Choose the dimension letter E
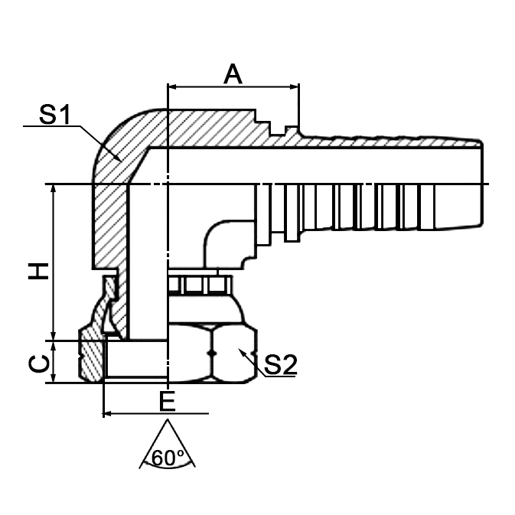point(166,401)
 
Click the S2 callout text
point(279,366)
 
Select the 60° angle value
point(168,458)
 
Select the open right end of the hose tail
point(482,184)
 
